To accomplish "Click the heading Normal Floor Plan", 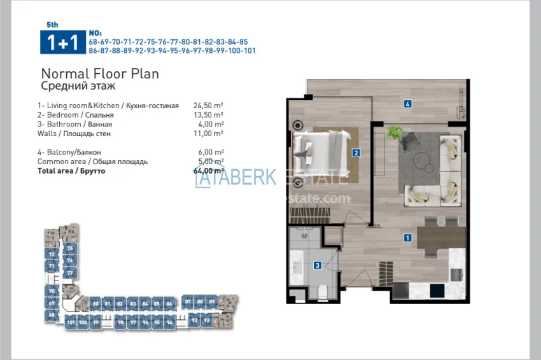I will pos(99,74).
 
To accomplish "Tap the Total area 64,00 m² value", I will pos(208,170).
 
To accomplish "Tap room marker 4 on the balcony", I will pos(407,104).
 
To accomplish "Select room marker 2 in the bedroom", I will pos(356,153).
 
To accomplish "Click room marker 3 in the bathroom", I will pos(317,266).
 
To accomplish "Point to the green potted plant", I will pos(395,133).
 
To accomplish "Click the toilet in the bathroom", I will pos(322,291).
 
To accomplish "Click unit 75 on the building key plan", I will pos(69,249).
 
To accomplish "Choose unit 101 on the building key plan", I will pos(71,322).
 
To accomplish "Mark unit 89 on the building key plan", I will pos(212,301).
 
